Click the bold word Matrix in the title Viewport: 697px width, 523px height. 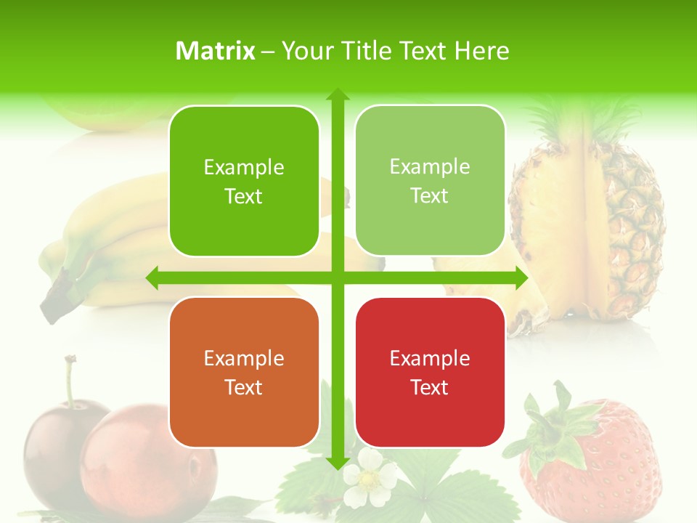pyautogui.click(x=216, y=51)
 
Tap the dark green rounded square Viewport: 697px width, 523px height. pyautogui.click(x=244, y=181)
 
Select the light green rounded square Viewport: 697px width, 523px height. pyautogui.click(x=430, y=181)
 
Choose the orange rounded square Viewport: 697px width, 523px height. pyautogui.click(x=244, y=372)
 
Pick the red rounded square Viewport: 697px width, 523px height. pyautogui.click(x=430, y=372)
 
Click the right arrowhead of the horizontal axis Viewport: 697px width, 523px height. pyautogui.click(x=521, y=277)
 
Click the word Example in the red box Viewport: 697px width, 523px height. pyautogui.click(x=430, y=358)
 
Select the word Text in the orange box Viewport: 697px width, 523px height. pyautogui.click(x=244, y=387)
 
